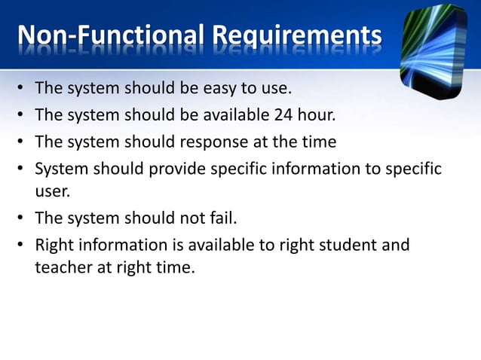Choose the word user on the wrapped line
[x=51, y=191]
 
